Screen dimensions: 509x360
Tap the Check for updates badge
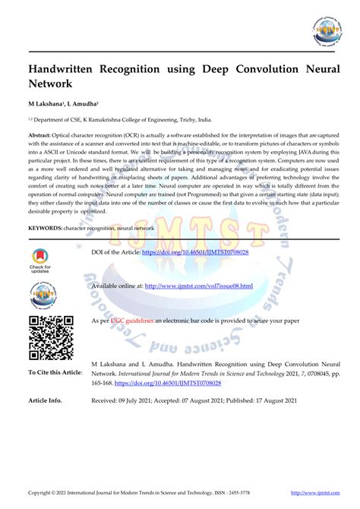[x=40, y=259]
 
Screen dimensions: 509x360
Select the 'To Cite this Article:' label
[x=55, y=372]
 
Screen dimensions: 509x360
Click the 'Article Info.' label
[x=45, y=400]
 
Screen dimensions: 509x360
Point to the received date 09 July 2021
[x=144, y=400]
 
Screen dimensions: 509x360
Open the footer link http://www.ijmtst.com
[x=314, y=493]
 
